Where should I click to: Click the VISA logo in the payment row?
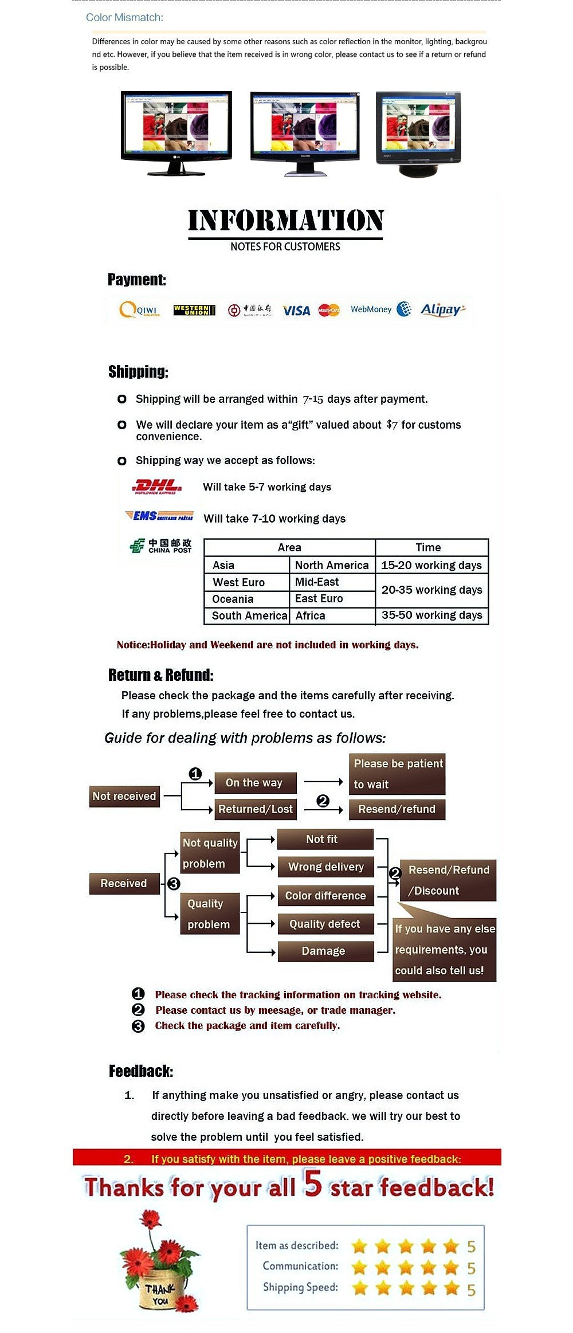tap(296, 311)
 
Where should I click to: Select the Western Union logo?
tap(194, 310)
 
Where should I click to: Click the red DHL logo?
tap(157, 487)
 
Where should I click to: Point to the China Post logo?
tap(161, 546)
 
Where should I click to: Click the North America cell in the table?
tap(332, 565)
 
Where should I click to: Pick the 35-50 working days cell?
tap(431, 615)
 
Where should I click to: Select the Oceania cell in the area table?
tap(233, 599)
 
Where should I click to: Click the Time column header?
tap(428, 547)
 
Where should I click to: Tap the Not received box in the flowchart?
tap(124, 796)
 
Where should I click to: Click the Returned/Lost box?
tap(256, 809)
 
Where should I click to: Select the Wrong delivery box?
tap(325, 867)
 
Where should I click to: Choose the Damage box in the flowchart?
tap(324, 951)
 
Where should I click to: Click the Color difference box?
tap(325, 895)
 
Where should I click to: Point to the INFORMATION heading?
tap(285, 221)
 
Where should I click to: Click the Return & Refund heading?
tap(160, 675)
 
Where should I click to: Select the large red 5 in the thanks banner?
tap(313, 1183)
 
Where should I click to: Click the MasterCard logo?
tap(329, 310)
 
